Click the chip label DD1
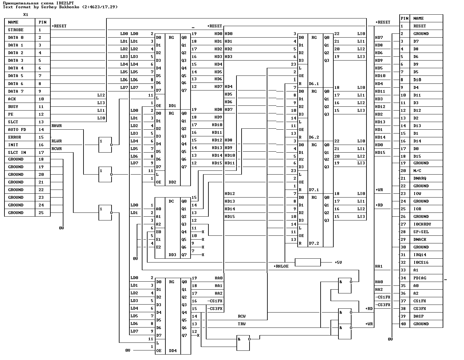pyautogui.click(x=172, y=106)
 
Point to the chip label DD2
pyautogui.click(x=172, y=182)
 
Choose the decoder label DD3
pyautogui.click(x=172, y=255)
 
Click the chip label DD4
pyautogui.click(x=173, y=350)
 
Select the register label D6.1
pyautogui.click(x=314, y=84)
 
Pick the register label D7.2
pyautogui.click(x=314, y=243)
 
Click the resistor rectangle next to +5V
pyautogui.click(x=308, y=262)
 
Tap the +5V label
pyautogui.click(x=338, y=262)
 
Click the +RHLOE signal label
pyautogui.click(x=281, y=266)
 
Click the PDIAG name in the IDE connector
pyautogui.click(x=420, y=278)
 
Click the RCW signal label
pyautogui.click(x=242, y=316)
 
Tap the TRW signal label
pyautogui.click(x=242, y=324)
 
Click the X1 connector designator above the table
pyautogui.click(x=25, y=15)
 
